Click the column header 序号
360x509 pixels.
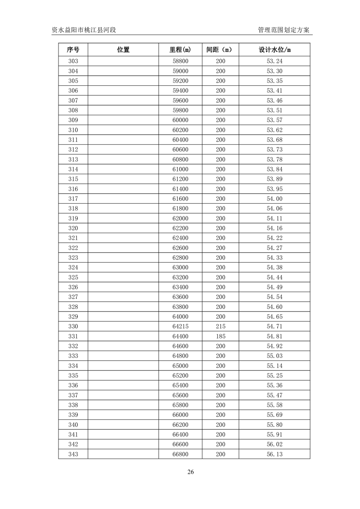[x=73, y=50]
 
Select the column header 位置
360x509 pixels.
[x=123, y=50]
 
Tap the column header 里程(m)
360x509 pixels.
[x=180, y=50]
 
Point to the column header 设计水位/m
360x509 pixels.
[x=274, y=50]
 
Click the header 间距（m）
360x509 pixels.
[x=220, y=50]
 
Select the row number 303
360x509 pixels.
[x=73, y=61]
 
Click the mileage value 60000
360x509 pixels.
[x=180, y=120]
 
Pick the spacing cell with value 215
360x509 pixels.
[x=220, y=327]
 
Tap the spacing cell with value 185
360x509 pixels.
[x=220, y=337]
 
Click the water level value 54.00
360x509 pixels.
[x=274, y=199]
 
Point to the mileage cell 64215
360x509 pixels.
[x=180, y=327]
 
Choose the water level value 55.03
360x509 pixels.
[x=274, y=356]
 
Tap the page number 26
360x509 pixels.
[x=190, y=472]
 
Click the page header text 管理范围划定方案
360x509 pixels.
[x=283, y=30]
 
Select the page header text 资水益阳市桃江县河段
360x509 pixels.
[x=84, y=30]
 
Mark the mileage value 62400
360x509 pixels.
[x=180, y=238]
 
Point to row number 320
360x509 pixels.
[x=73, y=228]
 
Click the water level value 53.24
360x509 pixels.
[x=274, y=61]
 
